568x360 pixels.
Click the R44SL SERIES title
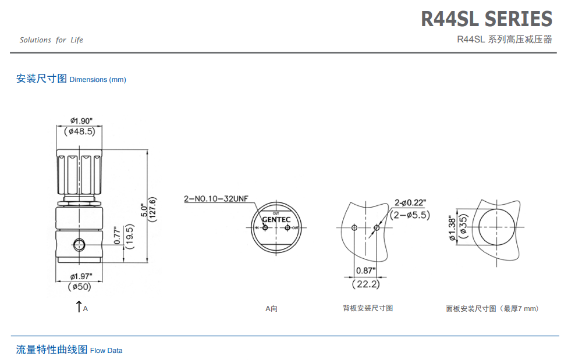point(487,19)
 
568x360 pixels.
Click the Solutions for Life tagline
point(51,40)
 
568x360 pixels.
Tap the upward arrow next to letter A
point(79,306)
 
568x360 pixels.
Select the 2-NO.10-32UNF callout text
point(215,199)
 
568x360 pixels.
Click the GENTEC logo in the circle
point(276,220)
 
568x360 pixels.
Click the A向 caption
point(271,308)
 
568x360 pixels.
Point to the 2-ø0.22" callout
point(410,202)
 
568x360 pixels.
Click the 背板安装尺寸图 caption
point(368,308)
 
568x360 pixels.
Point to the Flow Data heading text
point(106,351)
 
